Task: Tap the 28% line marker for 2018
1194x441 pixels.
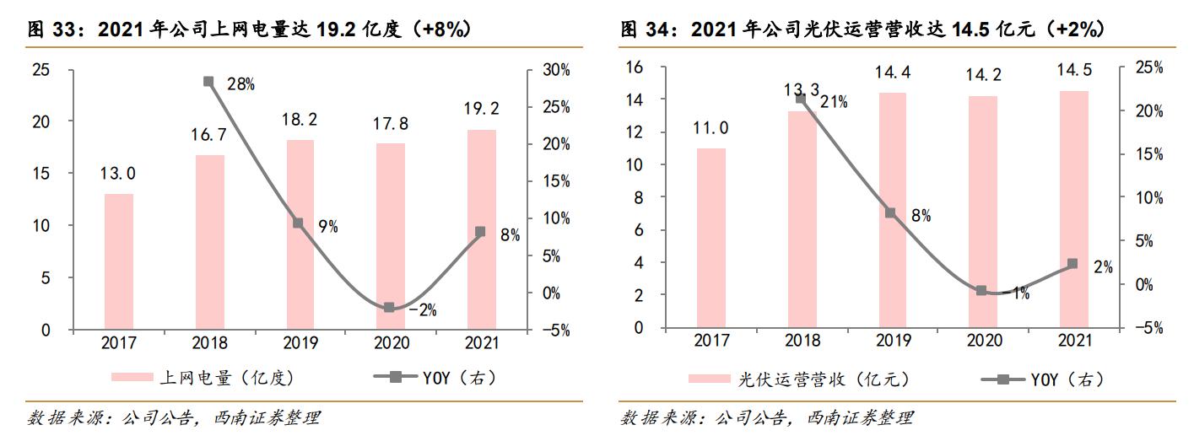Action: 208,82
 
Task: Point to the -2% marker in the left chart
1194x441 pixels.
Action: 389,308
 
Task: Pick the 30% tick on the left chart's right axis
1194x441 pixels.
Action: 555,69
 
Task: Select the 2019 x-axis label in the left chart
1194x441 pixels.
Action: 300,343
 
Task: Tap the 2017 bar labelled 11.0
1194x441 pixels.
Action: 711,238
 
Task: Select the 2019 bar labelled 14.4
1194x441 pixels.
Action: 893,210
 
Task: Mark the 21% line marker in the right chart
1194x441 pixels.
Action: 802,99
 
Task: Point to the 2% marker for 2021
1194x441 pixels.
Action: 1072,264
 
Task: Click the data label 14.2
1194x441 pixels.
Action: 984,75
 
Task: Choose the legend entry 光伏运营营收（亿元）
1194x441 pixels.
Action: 802,380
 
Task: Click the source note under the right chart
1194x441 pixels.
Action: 767,418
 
